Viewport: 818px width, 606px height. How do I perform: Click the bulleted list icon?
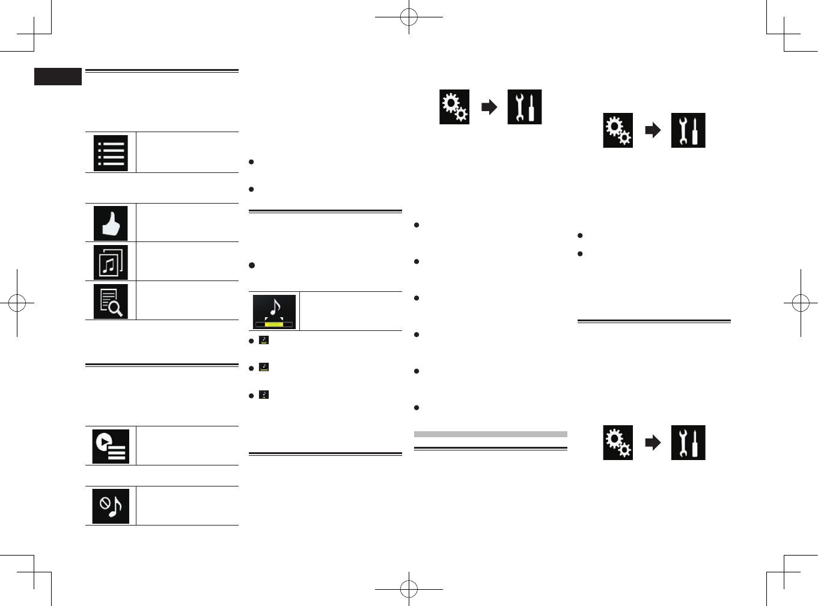(111, 153)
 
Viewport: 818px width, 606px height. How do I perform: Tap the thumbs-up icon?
(111, 223)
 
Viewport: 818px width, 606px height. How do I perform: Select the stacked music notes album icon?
(111, 262)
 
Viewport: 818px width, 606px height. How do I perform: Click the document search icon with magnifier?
(111, 301)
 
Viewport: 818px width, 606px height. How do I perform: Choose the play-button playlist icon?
(111, 446)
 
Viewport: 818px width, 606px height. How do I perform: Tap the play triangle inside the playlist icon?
(104, 442)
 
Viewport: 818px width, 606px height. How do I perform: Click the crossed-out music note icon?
(111, 506)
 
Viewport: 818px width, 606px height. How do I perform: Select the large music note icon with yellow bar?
(274, 312)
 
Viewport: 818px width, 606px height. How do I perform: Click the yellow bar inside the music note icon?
(274, 324)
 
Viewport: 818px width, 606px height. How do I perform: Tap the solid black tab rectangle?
(58, 76)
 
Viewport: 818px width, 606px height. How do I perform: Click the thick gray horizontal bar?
(490, 434)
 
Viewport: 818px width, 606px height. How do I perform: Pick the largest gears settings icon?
(454, 107)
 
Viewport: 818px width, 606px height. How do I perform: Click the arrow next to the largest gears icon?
(489, 107)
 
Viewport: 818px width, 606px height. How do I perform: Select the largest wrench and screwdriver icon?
(525, 107)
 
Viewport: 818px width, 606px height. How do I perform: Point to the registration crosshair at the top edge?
(409, 17)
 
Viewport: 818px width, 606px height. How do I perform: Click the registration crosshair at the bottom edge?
(409, 589)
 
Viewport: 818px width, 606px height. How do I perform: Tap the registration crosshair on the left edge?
(17, 303)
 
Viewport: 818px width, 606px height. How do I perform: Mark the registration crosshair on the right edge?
(801, 303)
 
